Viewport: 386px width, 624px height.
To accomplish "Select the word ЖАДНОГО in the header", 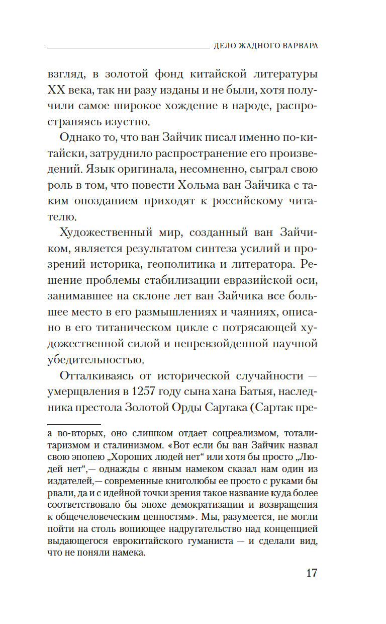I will click(x=251, y=45).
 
